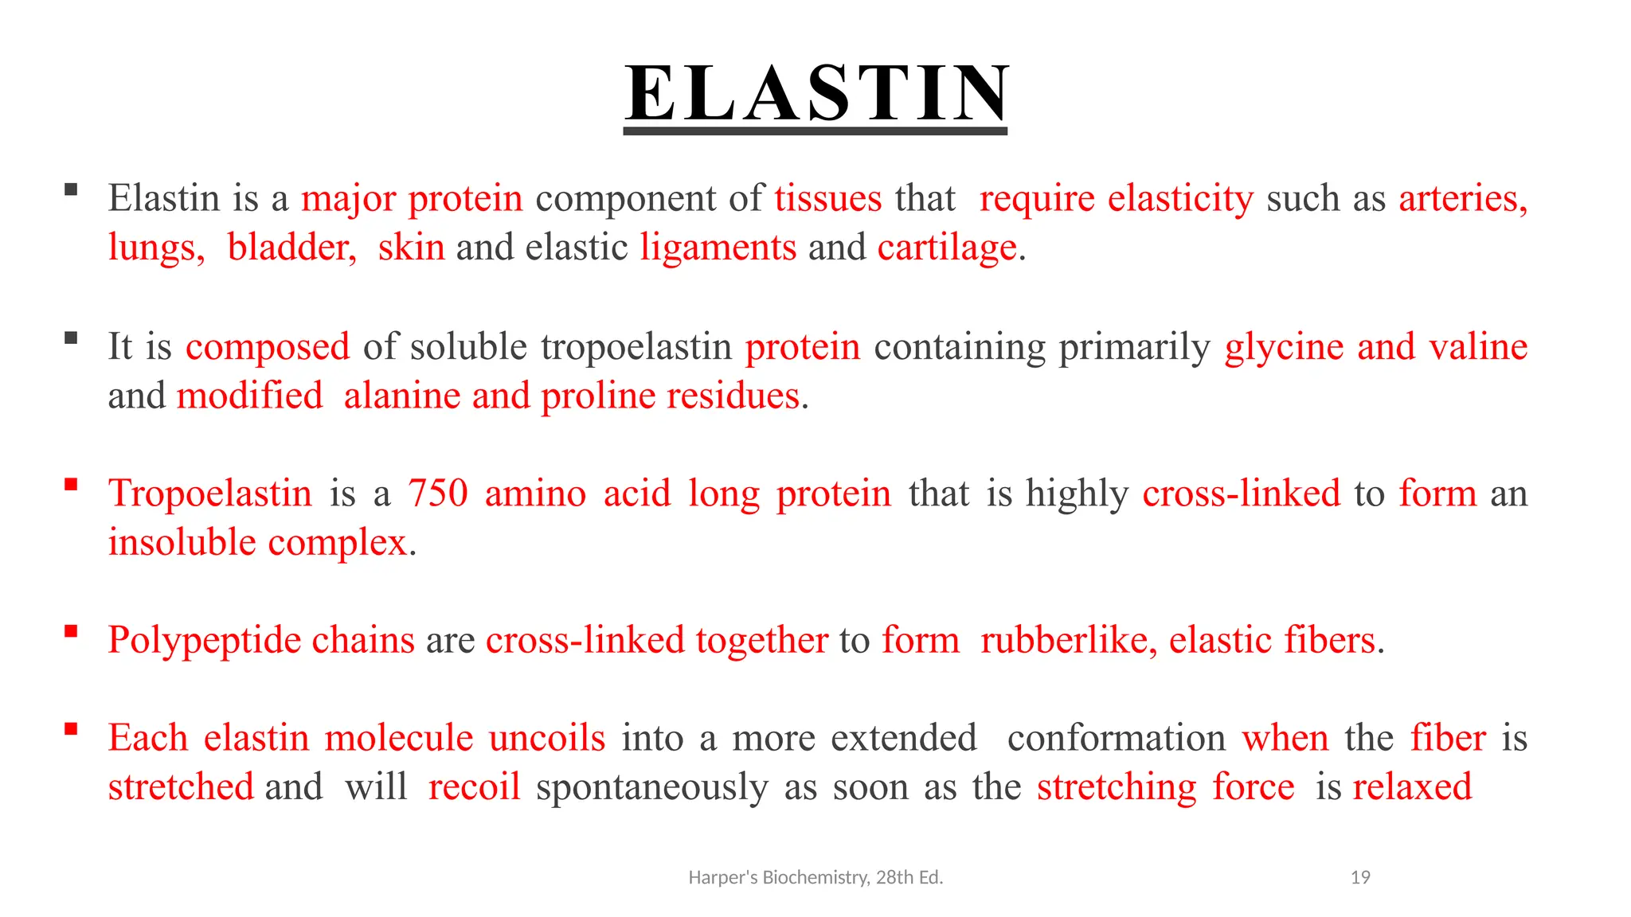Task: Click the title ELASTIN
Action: tap(816, 94)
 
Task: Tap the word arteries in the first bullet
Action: tap(1462, 198)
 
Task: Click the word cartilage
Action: tap(947, 248)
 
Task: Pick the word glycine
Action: tap(1284, 347)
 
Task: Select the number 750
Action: tap(438, 494)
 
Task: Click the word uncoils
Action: tap(547, 738)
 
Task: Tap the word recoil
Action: tap(474, 787)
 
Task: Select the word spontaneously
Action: tap(651, 787)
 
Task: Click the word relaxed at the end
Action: tap(1412, 787)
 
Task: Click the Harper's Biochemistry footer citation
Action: tap(815, 877)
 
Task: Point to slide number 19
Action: tap(1360, 877)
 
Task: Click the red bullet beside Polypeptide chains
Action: tap(71, 631)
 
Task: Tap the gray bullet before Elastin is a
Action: tap(71, 189)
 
